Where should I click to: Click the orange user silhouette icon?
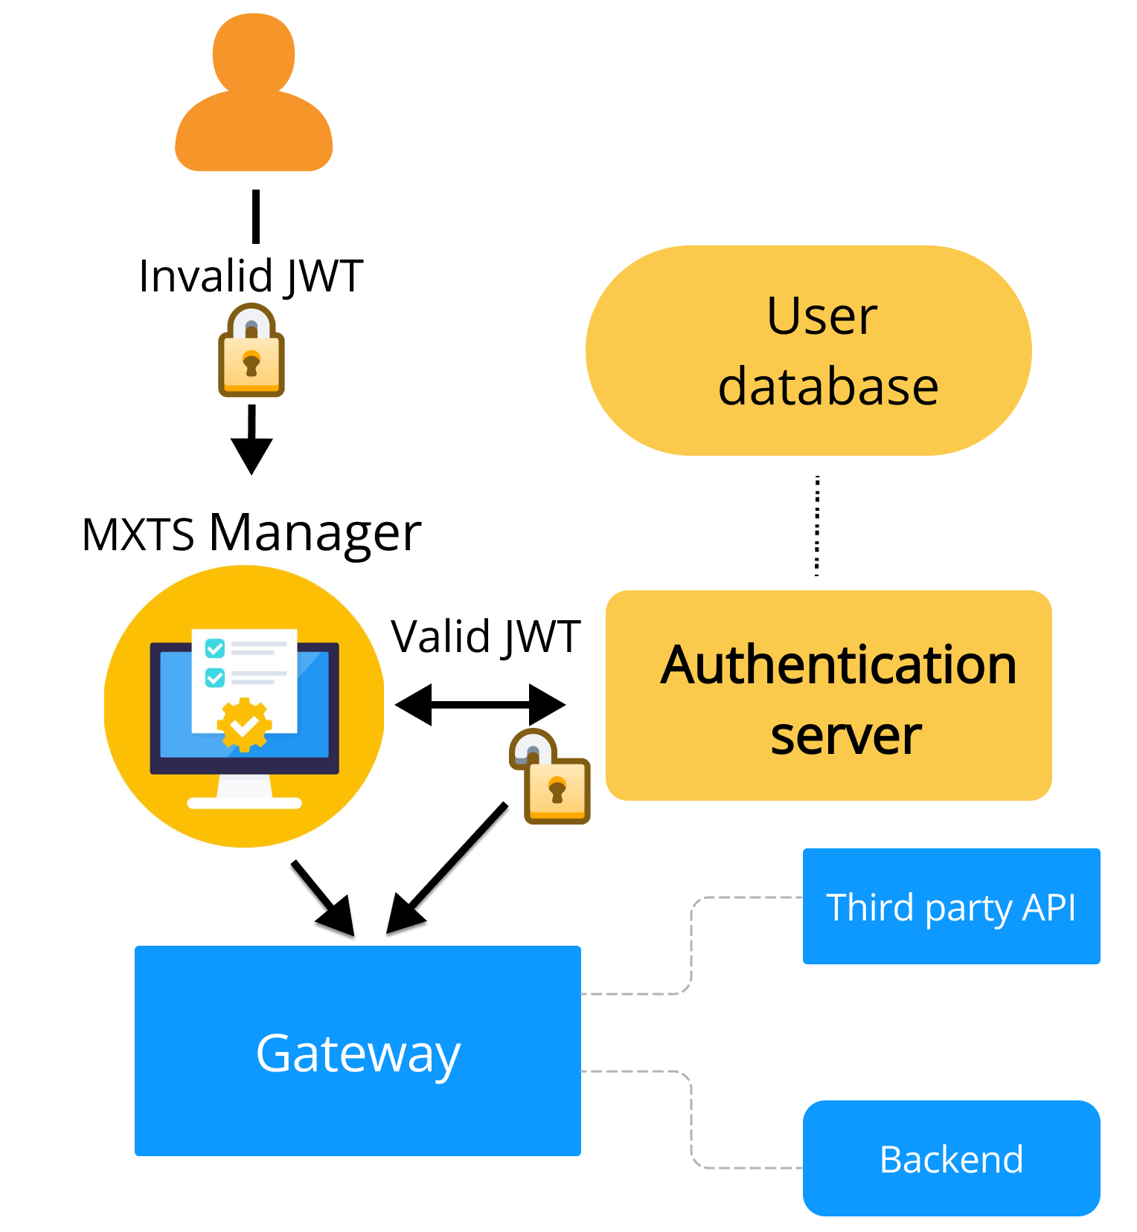(254, 97)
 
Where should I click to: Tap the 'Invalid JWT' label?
(251, 276)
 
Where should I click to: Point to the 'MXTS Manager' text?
(252, 533)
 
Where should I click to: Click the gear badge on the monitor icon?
(244, 723)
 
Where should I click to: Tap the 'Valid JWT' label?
(485, 637)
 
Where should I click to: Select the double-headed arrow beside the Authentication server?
(480, 703)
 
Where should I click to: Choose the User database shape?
(808, 351)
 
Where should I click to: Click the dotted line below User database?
(817, 526)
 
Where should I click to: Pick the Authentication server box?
(828, 696)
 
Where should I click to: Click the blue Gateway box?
(357, 1051)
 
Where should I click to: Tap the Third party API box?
(951, 906)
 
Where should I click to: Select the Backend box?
(951, 1158)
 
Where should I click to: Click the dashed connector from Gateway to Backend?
(691, 1115)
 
